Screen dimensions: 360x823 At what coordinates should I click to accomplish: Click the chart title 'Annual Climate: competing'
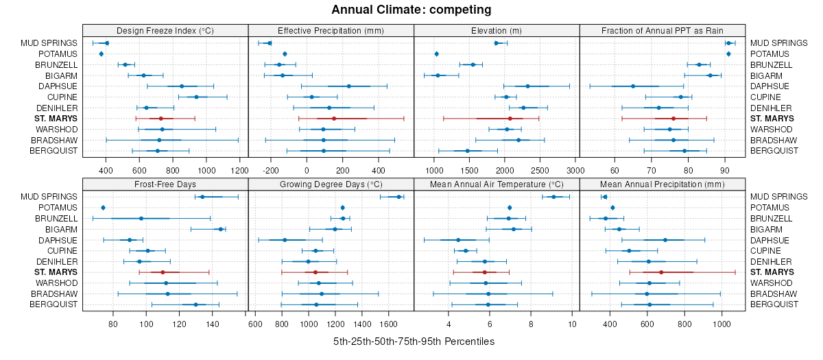tap(411, 10)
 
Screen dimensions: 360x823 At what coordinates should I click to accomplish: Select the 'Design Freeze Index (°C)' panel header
tap(165, 30)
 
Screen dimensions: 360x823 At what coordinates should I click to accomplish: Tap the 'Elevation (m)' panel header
tap(497, 30)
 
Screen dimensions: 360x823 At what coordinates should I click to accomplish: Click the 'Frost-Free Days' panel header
tap(165, 184)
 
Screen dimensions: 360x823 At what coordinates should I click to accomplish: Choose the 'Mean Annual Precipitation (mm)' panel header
tap(662, 184)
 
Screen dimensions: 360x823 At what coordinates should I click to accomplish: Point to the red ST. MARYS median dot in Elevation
tap(510, 119)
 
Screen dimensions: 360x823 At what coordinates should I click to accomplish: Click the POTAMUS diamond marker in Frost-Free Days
tap(103, 208)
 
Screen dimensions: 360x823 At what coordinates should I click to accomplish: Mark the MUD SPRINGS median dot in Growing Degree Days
tap(399, 197)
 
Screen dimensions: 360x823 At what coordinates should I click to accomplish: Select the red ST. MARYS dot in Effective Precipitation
tap(334, 119)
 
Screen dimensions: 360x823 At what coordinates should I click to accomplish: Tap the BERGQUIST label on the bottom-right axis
tap(772, 304)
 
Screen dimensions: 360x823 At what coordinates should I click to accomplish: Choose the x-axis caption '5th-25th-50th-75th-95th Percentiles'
tap(414, 341)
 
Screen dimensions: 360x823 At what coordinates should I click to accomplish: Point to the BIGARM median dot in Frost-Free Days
tap(221, 229)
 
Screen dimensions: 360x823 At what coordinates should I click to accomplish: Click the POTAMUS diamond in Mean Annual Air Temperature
tap(510, 208)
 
